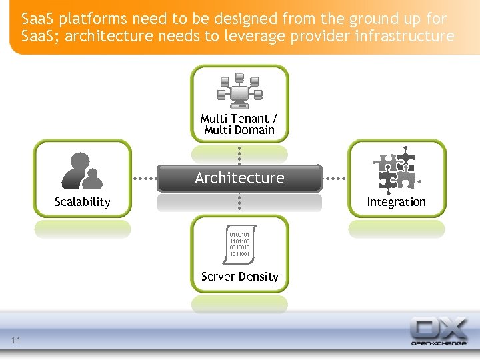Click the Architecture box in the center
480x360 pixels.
239,178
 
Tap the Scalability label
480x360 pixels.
82,202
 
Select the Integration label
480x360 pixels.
396,202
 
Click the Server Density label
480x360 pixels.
239,277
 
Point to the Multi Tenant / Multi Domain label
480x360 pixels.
239,124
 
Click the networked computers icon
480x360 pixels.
239,91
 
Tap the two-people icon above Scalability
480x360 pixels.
82,171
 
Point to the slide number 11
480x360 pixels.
16,341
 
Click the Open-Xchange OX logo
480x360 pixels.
438,331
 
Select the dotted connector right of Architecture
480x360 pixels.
335,179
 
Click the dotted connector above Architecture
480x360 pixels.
239,154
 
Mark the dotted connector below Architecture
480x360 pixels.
239,203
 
